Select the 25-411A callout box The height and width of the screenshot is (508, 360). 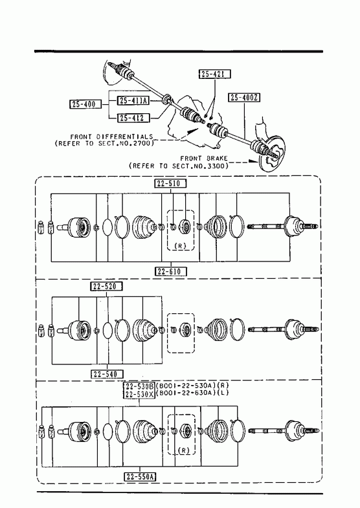[x=133, y=100]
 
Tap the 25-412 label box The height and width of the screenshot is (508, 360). [x=133, y=118]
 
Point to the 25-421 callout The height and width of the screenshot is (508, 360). [x=214, y=74]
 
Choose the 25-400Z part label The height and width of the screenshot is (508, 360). [x=245, y=97]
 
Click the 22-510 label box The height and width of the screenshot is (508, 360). [x=170, y=183]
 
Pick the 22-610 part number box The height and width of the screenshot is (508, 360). [x=171, y=271]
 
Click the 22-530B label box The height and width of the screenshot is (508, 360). [x=139, y=386]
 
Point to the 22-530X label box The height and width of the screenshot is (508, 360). [x=139, y=394]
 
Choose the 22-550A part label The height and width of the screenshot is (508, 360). [x=140, y=476]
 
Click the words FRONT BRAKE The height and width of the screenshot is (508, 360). [x=204, y=159]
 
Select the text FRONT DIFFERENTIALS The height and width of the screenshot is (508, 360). [x=111, y=137]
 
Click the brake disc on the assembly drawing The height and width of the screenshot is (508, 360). [x=273, y=154]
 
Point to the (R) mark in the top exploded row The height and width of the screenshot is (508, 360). [x=180, y=245]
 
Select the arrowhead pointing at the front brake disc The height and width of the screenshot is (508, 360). [x=253, y=161]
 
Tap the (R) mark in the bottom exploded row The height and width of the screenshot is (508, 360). [x=184, y=450]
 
